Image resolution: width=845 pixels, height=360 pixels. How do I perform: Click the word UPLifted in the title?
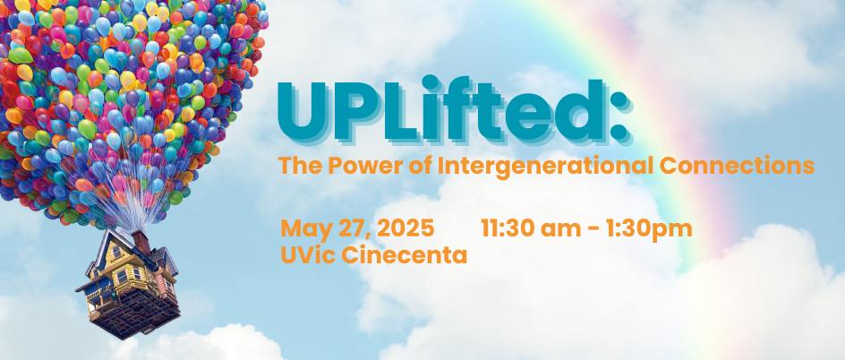(440, 110)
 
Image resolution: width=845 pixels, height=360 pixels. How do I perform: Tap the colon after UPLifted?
(619, 116)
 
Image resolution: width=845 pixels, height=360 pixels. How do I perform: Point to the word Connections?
(737, 166)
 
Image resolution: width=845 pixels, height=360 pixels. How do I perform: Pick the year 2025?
(405, 228)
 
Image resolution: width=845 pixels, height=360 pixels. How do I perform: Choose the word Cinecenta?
(404, 255)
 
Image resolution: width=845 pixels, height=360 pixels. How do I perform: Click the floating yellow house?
(129, 284)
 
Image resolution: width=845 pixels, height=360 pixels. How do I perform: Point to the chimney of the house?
(141, 242)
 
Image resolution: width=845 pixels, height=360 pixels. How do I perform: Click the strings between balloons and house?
(124, 208)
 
